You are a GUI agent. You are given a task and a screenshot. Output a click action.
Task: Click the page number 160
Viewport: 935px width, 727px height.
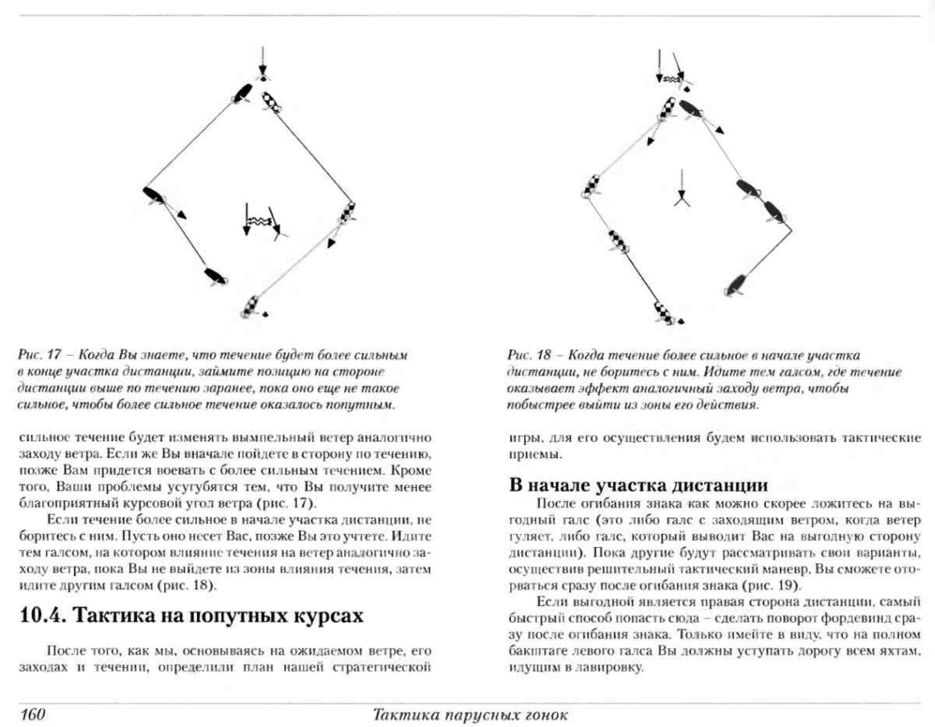[x=32, y=714]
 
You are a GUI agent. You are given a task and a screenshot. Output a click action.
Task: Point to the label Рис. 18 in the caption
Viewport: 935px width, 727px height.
[x=528, y=355]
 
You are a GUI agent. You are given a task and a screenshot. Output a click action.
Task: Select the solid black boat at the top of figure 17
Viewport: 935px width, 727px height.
[x=242, y=93]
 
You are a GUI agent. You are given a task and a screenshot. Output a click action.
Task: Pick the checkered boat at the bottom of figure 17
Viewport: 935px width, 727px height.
[x=250, y=307]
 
